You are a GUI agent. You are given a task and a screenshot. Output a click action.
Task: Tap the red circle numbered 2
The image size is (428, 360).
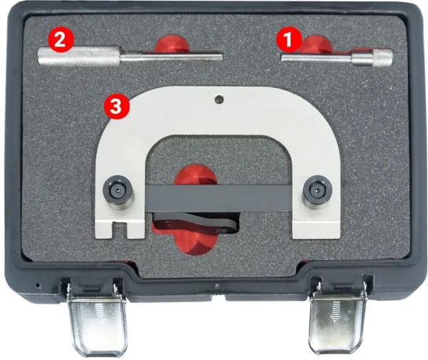(x=61, y=40)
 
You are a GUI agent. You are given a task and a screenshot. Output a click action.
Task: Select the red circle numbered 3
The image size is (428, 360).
(x=116, y=107)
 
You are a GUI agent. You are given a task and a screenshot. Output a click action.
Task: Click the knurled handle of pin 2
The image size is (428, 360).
(x=79, y=56)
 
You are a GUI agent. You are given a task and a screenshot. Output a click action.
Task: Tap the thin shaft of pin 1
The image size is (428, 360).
(x=317, y=58)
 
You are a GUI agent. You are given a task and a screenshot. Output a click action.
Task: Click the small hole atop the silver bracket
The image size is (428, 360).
(x=219, y=100)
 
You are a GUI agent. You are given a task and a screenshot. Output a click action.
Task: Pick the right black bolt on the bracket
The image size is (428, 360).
(x=317, y=192)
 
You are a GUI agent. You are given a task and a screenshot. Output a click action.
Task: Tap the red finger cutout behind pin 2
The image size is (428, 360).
(x=172, y=43)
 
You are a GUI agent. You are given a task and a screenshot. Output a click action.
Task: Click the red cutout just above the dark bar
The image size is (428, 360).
(x=195, y=175)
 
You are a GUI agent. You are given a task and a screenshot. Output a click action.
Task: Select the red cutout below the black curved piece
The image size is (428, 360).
(x=195, y=243)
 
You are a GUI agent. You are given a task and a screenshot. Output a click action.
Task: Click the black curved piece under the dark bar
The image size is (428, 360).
(x=194, y=222)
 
